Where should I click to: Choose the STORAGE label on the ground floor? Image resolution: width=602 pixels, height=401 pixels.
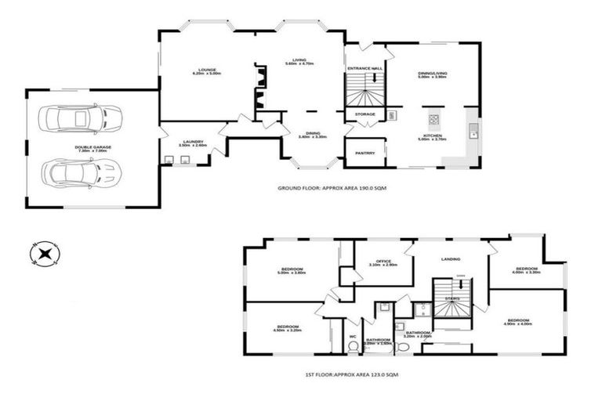[365, 114]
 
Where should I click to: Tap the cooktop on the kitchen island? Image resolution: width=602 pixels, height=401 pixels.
[433, 120]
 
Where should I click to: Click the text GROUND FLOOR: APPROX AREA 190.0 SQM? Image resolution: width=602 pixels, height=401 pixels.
[332, 189]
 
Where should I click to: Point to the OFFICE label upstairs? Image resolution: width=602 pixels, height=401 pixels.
[383, 262]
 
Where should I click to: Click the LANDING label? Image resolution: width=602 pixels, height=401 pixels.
[451, 258]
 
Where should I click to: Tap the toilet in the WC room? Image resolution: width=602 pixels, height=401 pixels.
[354, 323]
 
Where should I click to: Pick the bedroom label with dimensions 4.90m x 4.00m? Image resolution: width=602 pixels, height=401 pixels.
[518, 321]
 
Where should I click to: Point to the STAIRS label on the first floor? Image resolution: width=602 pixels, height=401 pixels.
[452, 298]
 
